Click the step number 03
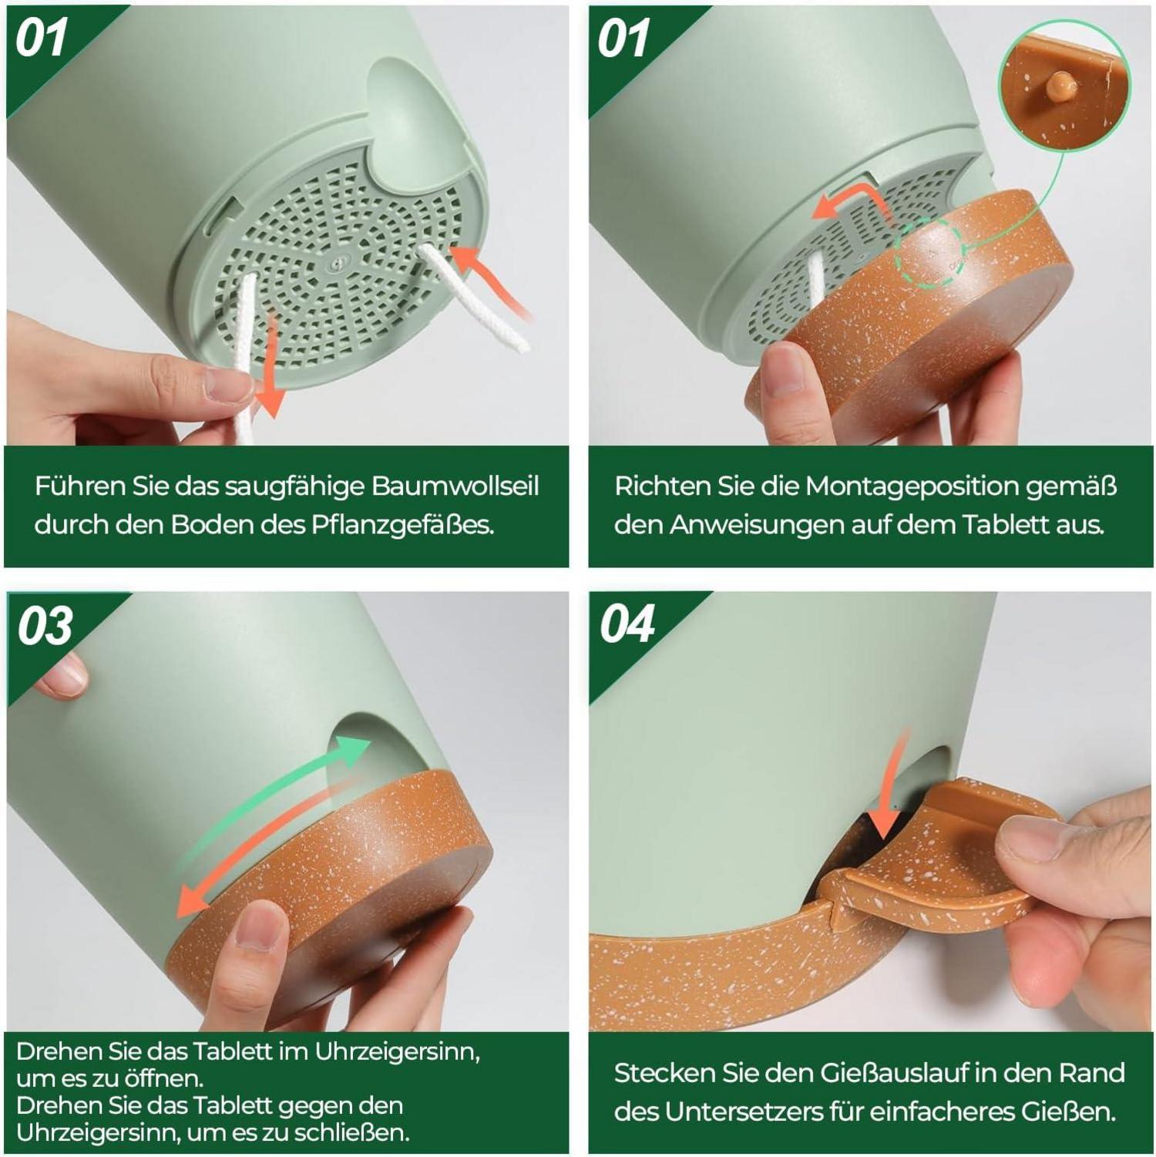45,625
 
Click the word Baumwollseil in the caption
455,486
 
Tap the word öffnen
157,1078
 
